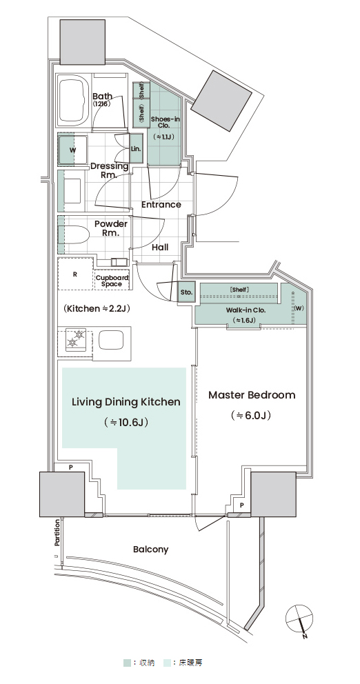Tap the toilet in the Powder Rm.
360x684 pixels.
pyautogui.click(x=77, y=234)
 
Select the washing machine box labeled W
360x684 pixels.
pyautogui.click(x=73, y=150)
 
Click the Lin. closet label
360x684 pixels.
pyautogui.click(x=136, y=149)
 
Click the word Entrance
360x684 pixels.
pyautogui.click(x=161, y=204)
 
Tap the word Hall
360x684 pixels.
pyautogui.click(x=160, y=248)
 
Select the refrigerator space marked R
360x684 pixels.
pyautogui.click(x=75, y=274)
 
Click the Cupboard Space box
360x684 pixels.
pyautogui.click(x=112, y=281)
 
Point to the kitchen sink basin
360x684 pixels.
pyautogui.click(x=112, y=340)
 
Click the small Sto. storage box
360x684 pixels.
pyautogui.click(x=186, y=292)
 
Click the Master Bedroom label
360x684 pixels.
pyautogui.click(x=252, y=395)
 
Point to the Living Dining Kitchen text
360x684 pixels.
pyautogui.click(x=126, y=402)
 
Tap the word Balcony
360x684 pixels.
pyautogui.click(x=150, y=550)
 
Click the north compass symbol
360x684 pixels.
pyautogui.click(x=300, y=619)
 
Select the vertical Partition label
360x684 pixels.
pyautogui.click(x=57, y=533)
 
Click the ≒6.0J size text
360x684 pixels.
pyautogui.click(x=251, y=416)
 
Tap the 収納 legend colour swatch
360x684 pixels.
pyautogui.click(x=126, y=663)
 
